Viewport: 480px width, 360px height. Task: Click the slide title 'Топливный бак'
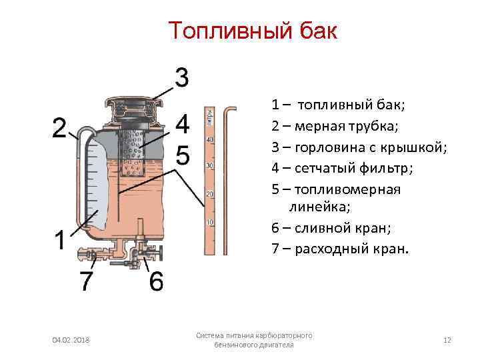coord(253,31)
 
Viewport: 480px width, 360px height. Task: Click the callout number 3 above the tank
coord(181,77)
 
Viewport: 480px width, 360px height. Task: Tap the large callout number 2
coord(60,127)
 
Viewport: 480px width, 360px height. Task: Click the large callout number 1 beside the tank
coord(61,239)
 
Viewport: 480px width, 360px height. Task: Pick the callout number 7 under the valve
coord(87,281)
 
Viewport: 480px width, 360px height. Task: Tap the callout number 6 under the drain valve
coord(155,281)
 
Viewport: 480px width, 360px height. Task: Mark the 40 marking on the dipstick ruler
coord(210,139)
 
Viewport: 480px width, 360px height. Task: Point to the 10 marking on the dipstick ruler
coord(210,222)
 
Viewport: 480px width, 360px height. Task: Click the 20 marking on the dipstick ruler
coord(210,194)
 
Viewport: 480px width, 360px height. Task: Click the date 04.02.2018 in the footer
coord(71,341)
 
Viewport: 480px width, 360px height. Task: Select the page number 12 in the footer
coord(447,340)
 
